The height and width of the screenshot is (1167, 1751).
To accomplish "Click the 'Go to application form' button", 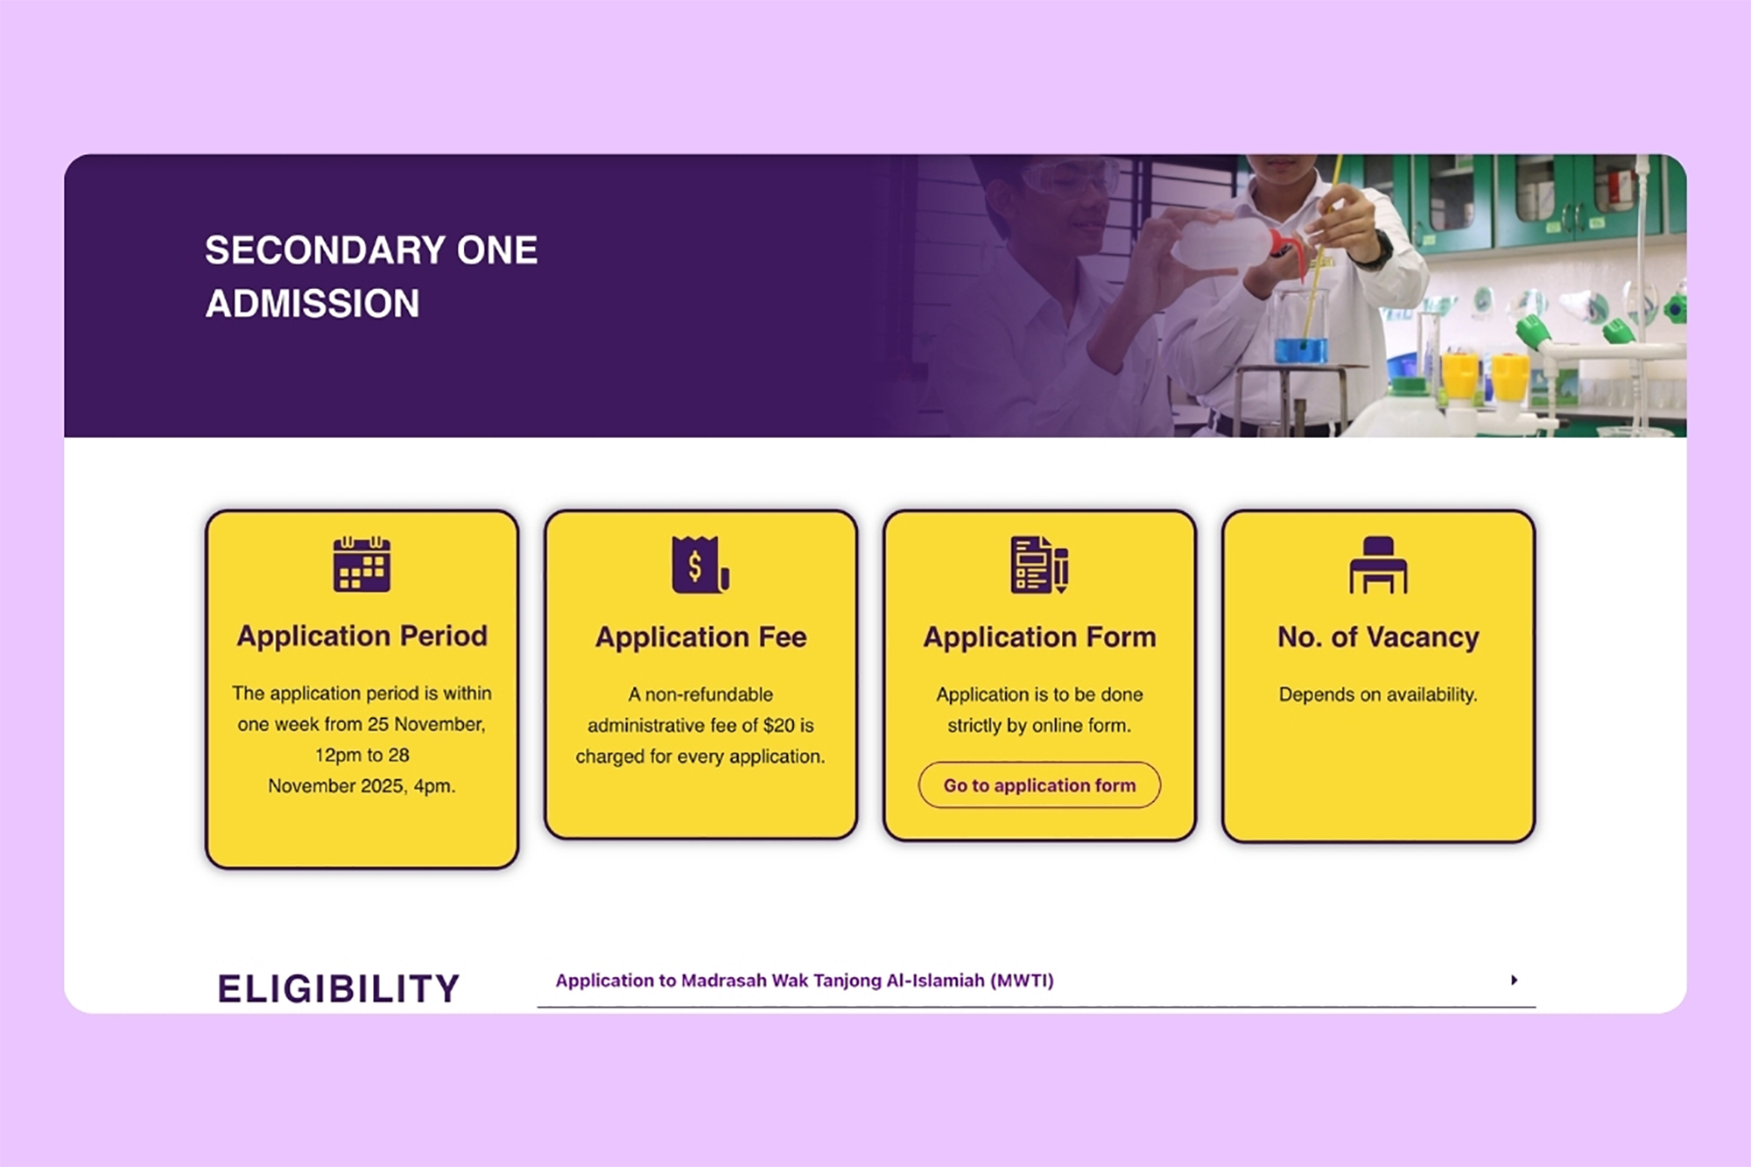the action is pyautogui.click(x=1039, y=785).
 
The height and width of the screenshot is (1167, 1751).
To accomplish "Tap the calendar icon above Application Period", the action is pyautogui.click(x=362, y=565).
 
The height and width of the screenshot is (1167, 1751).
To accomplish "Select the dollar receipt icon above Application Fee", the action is pyautogui.click(x=700, y=565).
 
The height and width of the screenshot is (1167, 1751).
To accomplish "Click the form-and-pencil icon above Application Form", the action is pyautogui.click(x=1039, y=565).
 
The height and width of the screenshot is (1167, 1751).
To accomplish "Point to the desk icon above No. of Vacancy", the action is pyautogui.click(x=1378, y=565).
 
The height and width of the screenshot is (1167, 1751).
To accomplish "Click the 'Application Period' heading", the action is pyautogui.click(x=362, y=636).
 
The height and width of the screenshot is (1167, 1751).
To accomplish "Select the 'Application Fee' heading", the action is pyautogui.click(x=700, y=636).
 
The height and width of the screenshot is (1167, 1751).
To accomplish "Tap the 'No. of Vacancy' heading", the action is pyautogui.click(x=1378, y=636).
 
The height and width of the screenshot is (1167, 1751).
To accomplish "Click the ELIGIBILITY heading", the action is pyautogui.click(x=338, y=988).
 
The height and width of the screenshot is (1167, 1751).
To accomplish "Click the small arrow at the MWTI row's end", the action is pyautogui.click(x=1514, y=980).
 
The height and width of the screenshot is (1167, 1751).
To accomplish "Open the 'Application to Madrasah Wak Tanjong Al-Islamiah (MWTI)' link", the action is pyautogui.click(x=805, y=981).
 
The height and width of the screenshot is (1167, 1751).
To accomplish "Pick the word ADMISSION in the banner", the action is pyautogui.click(x=313, y=304).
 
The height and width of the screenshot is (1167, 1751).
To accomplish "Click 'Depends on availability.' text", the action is pyautogui.click(x=1378, y=694).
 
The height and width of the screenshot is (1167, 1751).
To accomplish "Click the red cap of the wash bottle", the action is pyautogui.click(x=1286, y=246).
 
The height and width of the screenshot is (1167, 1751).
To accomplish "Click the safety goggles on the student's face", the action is pyautogui.click(x=1070, y=178).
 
